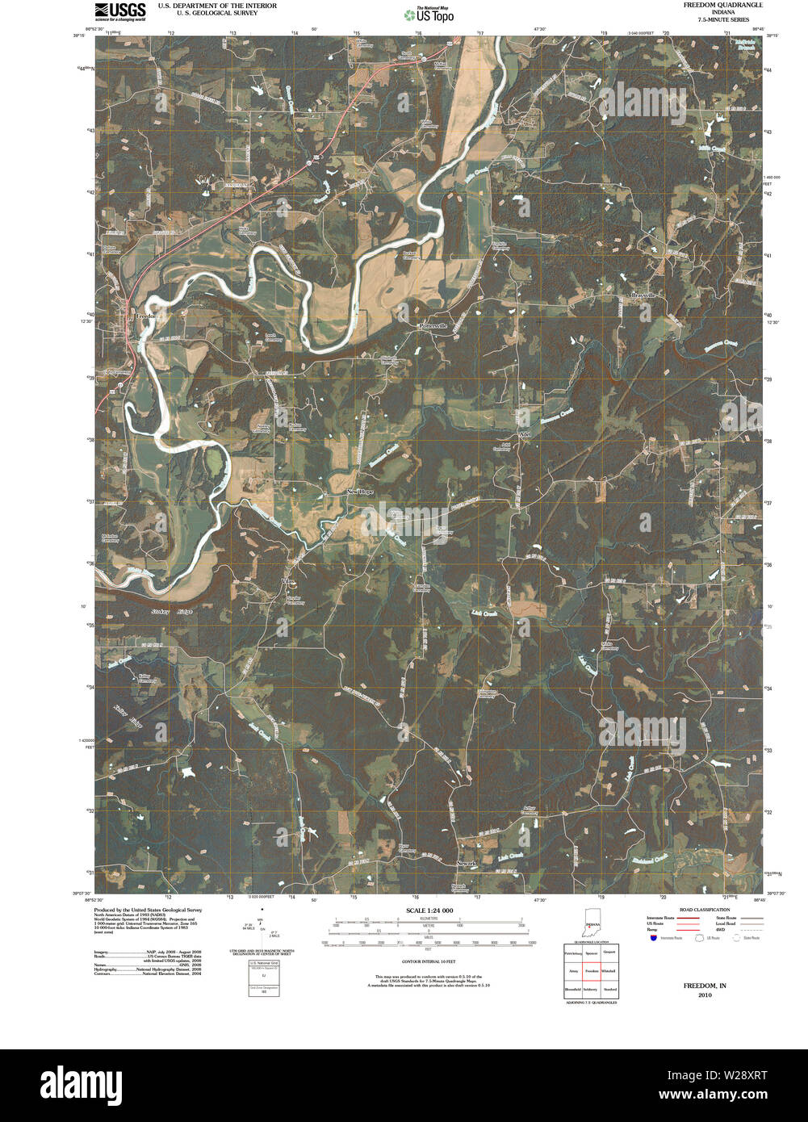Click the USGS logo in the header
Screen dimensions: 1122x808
(x=120, y=10)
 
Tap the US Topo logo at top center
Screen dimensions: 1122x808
(x=429, y=14)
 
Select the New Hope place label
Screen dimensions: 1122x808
(x=361, y=492)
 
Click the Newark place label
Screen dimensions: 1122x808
(x=467, y=864)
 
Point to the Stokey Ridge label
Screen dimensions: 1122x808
(x=171, y=612)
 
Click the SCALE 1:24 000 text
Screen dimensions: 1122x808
(x=424, y=911)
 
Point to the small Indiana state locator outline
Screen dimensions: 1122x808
(x=592, y=925)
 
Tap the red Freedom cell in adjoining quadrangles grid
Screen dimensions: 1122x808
(x=592, y=971)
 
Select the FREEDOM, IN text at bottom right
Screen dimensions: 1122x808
(x=705, y=986)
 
